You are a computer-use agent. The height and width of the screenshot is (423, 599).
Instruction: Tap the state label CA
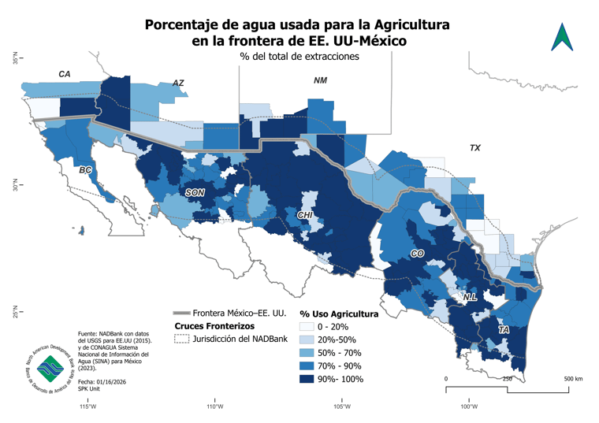pyautogui.click(x=65, y=74)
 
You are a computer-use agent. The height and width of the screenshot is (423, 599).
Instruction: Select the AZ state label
pyautogui.click(x=178, y=83)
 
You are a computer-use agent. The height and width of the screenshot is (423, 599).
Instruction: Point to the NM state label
pyautogui.click(x=320, y=80)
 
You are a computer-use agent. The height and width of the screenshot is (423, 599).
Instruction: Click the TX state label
pyautogui.click(x=474, y=148)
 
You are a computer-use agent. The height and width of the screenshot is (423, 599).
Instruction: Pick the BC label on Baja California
pyautogui.click(x=86, y=170)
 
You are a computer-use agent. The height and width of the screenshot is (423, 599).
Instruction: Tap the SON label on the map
pyautogui.click(x=195, y=192)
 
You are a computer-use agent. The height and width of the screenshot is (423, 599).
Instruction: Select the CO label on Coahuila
pyautogui.click(x=417, y=254)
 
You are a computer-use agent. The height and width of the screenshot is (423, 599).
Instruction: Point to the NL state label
pyautogui.click(x=470, y=297)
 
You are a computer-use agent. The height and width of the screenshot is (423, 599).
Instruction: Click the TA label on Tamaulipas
pyautogui.click(x=504, y=331)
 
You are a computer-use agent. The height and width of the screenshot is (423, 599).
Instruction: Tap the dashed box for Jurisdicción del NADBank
pyautogui.click(x=181, y=339)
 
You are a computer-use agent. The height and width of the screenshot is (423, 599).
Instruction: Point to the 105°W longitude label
pyautogui.click(x=341, y=406)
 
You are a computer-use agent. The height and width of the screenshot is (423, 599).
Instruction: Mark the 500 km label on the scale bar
pyautogui.click(x=572, y=379)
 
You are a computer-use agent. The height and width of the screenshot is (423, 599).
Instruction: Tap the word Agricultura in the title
pyautogui.click(x=405, y=24)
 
